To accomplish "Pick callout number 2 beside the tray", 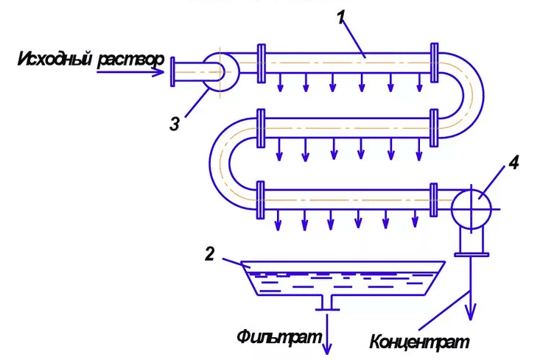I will coord(209,254).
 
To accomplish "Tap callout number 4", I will coord(513,163).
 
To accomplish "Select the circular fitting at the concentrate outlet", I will coord(471,208).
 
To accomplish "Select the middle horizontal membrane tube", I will coord(346,129).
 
